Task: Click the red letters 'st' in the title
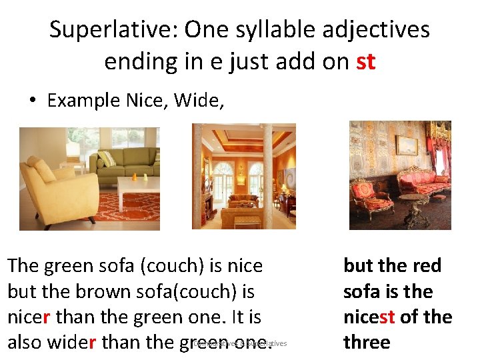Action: tap(366, 62)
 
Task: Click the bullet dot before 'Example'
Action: tap(31, 101)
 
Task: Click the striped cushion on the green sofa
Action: tap(107, 158)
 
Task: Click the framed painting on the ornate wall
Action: tap(407, 145)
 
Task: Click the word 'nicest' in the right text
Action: tap(369, 317)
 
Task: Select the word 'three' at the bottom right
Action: tap(366, 342)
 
